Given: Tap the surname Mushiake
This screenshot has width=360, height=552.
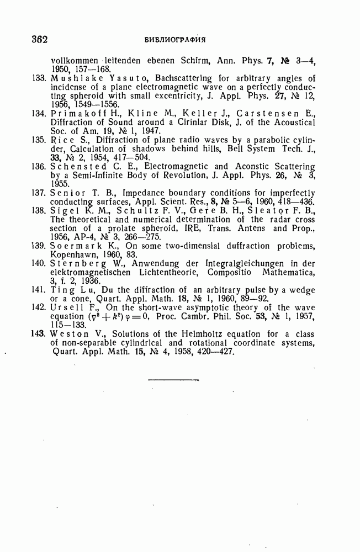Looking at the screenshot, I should pyautogui.click(x=71, y=78).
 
